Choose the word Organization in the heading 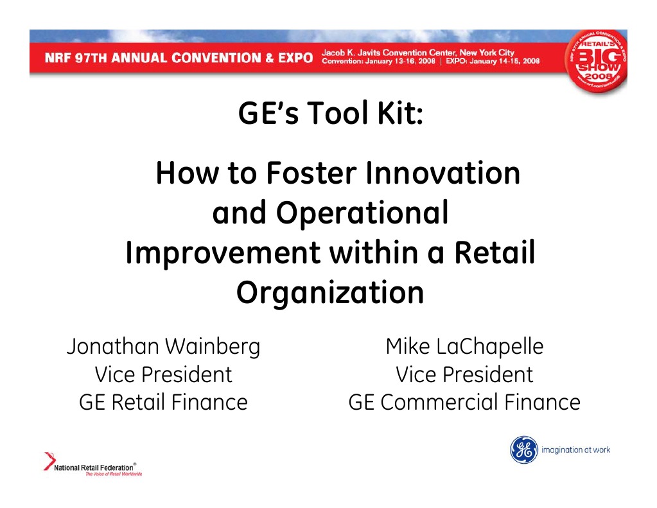point(329,293)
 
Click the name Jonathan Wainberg point(163,347)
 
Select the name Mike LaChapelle point(464,347)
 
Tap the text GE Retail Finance point(163,402)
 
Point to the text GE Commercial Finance point(464,402)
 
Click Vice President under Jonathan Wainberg point(163,374)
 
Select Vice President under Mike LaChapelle point(464,374)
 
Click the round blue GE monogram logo point(523,450)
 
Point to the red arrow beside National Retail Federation point(49,461)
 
